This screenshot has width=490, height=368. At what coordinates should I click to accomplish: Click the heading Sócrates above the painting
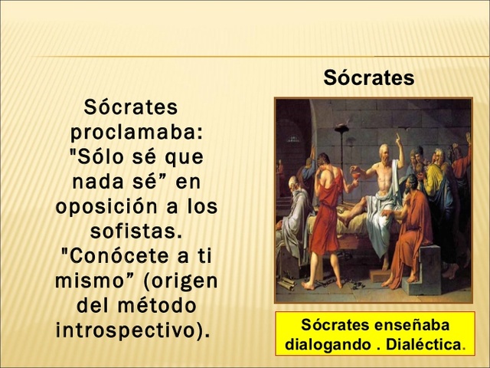click(x=368, y=78)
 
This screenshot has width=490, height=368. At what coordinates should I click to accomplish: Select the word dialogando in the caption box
click(x=325, y=344)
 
